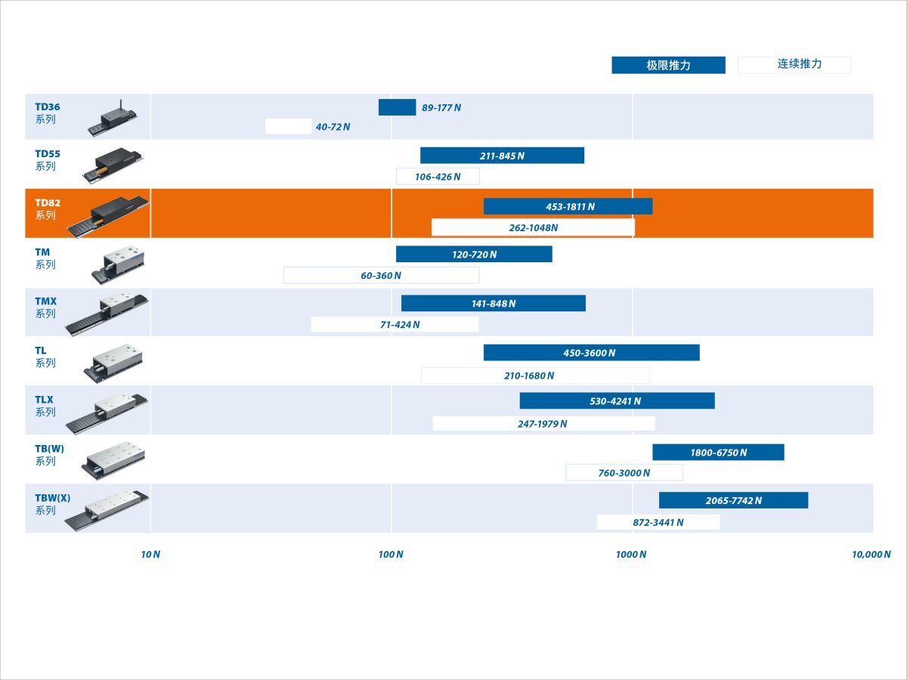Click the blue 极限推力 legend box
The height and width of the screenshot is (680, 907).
click(x=668, y=65)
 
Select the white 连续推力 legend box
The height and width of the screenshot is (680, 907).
click(x=794, y=65)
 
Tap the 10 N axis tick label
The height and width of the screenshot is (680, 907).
click(x=150, y=554)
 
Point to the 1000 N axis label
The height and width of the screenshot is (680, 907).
click(x=631, y=554)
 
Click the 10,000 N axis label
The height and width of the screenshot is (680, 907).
click(x=871, y=554)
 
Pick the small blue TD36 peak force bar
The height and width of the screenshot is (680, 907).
click(x=397, y=107)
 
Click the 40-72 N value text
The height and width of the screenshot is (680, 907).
click(x=333, y=127)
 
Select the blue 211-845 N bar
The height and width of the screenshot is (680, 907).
click(x=502, y=156)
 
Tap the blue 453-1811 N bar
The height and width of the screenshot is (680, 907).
click(x=568, y=206)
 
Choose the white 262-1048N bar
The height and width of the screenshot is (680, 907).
click(x=533, y=227)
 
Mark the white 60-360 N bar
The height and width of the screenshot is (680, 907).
click(x=381, y=275)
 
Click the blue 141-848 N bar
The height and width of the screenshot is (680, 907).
click(x=494, y=304)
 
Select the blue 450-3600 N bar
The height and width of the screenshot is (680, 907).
click(x=591, y=353)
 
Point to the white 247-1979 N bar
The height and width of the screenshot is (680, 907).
click(x=543, y=424)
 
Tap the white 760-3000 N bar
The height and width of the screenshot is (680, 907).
click(x=624, y=473)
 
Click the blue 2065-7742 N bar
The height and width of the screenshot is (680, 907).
click(x=733, y=500)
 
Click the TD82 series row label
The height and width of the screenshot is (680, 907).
click(x=48, y=209)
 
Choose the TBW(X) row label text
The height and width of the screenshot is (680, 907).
click(x=52, y=504)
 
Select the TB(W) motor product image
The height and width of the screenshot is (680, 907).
click(x=113, y=461)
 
